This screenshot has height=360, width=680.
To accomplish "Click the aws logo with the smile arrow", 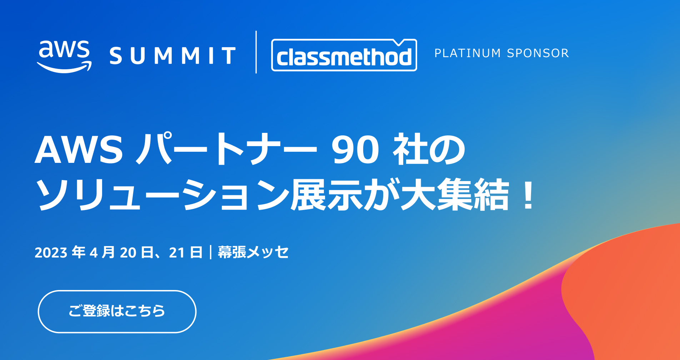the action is pos(64,56).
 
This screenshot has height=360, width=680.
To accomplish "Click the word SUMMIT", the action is pos(172,56).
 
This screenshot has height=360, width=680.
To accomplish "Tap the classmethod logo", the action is pos(344,55).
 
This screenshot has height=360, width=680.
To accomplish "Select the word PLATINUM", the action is pos(467,53).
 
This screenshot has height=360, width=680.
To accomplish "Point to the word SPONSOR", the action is pos(537,53).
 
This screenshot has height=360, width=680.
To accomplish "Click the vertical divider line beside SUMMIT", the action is pos(256,52).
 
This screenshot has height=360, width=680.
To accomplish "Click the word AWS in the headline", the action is pos(79,150).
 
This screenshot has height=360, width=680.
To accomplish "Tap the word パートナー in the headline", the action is pos(226,149).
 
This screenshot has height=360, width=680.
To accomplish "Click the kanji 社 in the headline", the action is pos(410,149).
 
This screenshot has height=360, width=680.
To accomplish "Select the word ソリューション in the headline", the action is pos(163,195).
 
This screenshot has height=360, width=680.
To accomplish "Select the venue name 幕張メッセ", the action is pos(253,252).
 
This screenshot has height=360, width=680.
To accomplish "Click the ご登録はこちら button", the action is pos(117,311).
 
